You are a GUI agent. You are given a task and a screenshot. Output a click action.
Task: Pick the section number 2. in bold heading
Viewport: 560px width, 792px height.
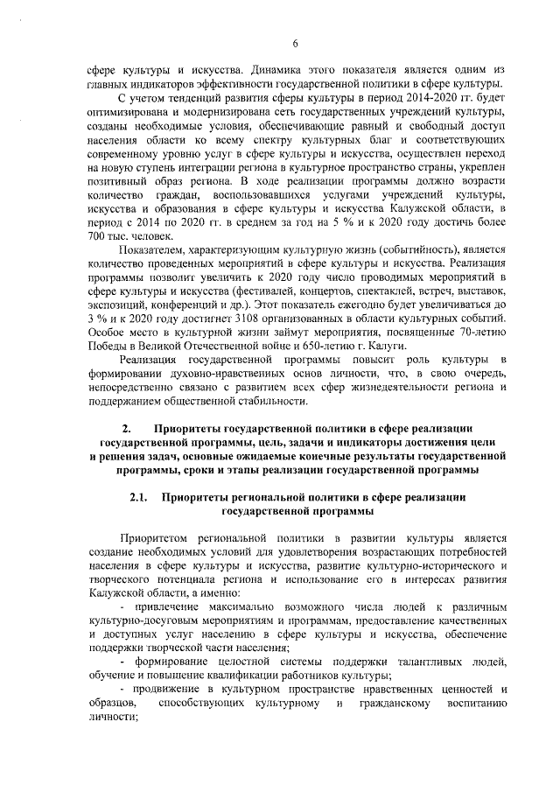[x=127, y=429]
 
